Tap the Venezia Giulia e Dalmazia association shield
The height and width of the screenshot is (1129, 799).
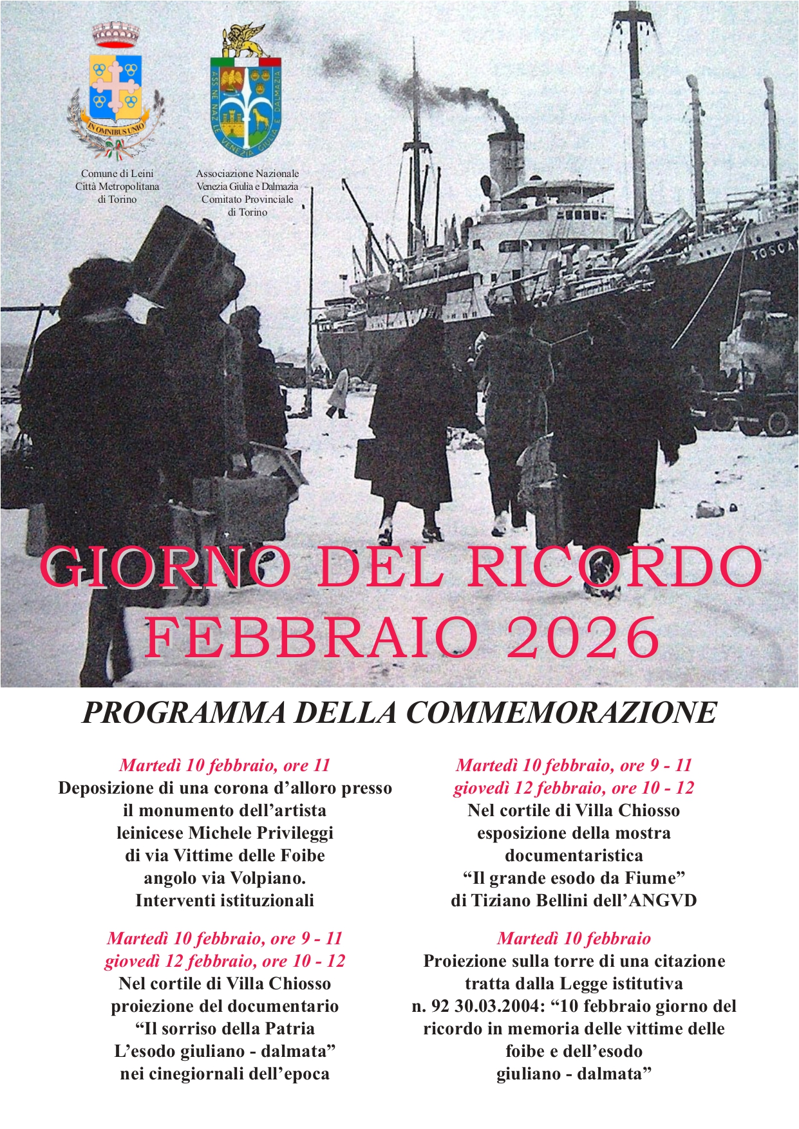pyautogui.click(x=246, y=97)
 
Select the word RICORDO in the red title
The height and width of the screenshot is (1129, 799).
pyautogui.click(x=615, y=566)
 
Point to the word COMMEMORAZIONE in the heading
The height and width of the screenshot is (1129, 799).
pyautogui.click(x=561, y=713)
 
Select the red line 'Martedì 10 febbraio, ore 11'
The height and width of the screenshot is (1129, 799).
pyautogui.click(x=225, y=765)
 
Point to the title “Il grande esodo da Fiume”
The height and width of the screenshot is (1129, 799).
pyautogui.click(x=574, y=878)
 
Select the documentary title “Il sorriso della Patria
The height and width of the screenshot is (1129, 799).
pyautogui.click(x=225, y=1029)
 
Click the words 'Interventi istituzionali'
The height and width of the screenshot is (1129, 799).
pyautogui.click(x=225, y=900)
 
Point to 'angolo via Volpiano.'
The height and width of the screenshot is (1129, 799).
pyautogui.click(x=225, y=878)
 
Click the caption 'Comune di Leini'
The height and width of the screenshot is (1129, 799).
pyautogui.click(x=117, y=173)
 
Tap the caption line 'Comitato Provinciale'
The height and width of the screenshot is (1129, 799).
pyautogui.click(x=247, y=199)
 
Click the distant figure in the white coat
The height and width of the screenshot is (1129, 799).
pyautogui.click(x=338, y=393)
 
